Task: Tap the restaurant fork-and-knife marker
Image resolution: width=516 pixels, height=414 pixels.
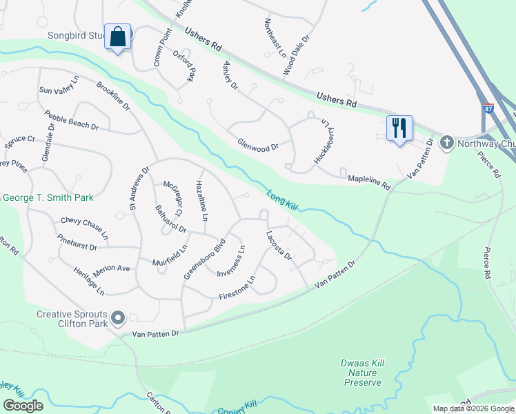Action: click(x=399, y=128)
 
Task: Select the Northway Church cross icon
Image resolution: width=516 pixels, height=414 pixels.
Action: click(x=446, y=143)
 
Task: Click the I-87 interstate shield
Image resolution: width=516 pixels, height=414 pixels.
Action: click(x=488, y=109)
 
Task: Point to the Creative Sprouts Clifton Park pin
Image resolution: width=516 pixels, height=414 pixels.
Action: click(x=118, y=318)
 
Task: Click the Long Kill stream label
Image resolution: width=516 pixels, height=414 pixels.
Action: click(x=281, y=200)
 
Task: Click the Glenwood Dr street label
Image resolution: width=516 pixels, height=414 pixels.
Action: click(x=257, y=147)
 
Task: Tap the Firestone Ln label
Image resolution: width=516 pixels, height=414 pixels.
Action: click(x=237, y=289)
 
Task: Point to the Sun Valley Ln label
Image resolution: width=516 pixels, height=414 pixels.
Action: click(x=59, y=90)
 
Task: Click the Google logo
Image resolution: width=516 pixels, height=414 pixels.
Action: click(x=22, y=406)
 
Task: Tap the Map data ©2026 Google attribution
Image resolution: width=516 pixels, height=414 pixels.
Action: click(x=474, y=408)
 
